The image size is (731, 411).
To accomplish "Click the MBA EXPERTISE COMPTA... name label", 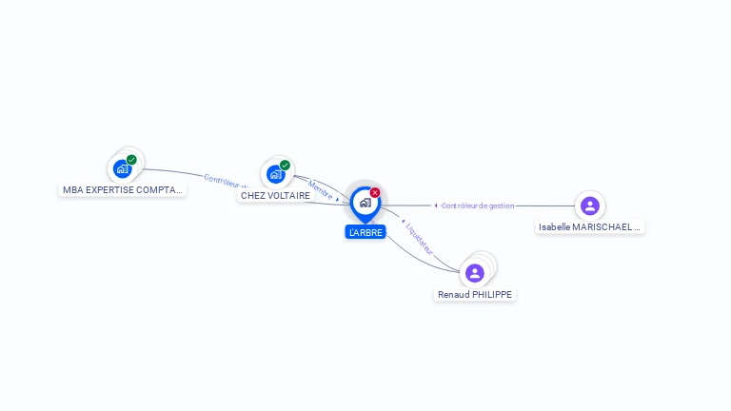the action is pos(123,189).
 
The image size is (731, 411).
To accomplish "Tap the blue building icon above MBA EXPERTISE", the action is pos(122,169).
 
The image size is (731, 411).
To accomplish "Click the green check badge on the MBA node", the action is pos(131,160).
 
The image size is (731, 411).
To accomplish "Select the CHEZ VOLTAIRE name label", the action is pos(275,195).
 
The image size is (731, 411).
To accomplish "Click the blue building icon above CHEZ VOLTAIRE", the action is pos(275,174).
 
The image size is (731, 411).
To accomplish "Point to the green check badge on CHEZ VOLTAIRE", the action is pos(285,165).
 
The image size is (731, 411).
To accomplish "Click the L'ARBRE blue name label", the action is pos(365,232).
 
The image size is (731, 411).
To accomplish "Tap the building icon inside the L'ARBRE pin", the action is pos(365,203).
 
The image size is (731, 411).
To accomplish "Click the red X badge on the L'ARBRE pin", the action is pos(375,193).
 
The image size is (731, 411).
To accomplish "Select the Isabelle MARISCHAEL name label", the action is pos(590,227).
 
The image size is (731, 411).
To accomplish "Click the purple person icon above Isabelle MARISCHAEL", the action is pos(590,205).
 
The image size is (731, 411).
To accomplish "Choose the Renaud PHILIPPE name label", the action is pos(475,295).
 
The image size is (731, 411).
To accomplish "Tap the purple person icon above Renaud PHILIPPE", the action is pos(475,273).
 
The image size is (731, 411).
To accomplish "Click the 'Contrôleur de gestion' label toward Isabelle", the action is pos(478,205).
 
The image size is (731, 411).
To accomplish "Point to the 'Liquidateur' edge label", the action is pos(419,240).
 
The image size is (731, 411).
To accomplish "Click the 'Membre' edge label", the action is pos(320,188).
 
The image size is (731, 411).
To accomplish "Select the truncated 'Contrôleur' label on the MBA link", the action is pos(225,180).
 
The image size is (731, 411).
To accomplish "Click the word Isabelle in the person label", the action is pos(556,227).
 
